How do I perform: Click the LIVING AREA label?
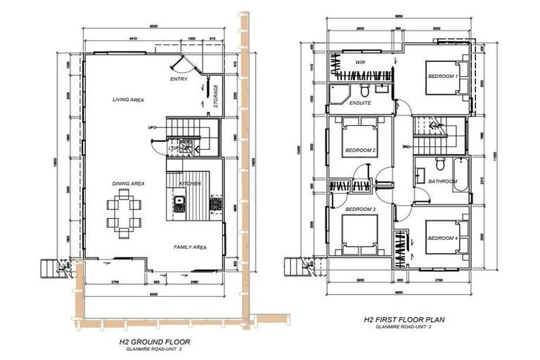click(x=128, y=101)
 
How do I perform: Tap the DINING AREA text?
click(x=128, y=184)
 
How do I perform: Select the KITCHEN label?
click(x=190, y=184)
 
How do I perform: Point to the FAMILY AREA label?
click(x=190, y=247)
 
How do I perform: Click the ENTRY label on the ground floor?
click(x=179, y=79)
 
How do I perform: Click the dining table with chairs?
click(x=123, y=213)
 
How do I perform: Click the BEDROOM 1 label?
click(x=443, y=76)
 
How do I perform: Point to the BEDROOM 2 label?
click(x=360, y=150)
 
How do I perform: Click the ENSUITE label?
click(x=361, y=103)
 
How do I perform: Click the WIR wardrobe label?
click(x=361, y=62)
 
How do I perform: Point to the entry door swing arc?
click(x=181, y=65)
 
